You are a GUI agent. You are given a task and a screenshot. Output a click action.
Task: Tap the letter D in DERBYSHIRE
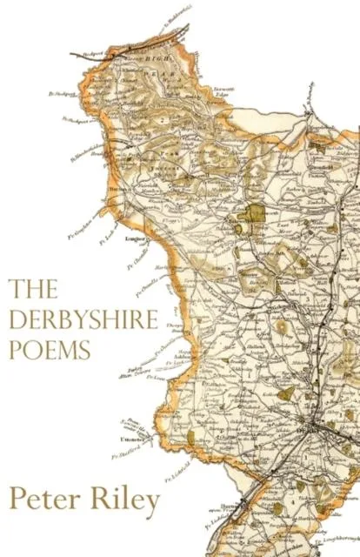[18, 319]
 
